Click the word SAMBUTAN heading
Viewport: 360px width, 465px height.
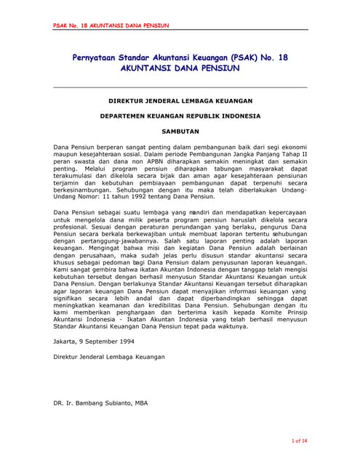[180, 132]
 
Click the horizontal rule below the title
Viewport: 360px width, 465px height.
[180, 87]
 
